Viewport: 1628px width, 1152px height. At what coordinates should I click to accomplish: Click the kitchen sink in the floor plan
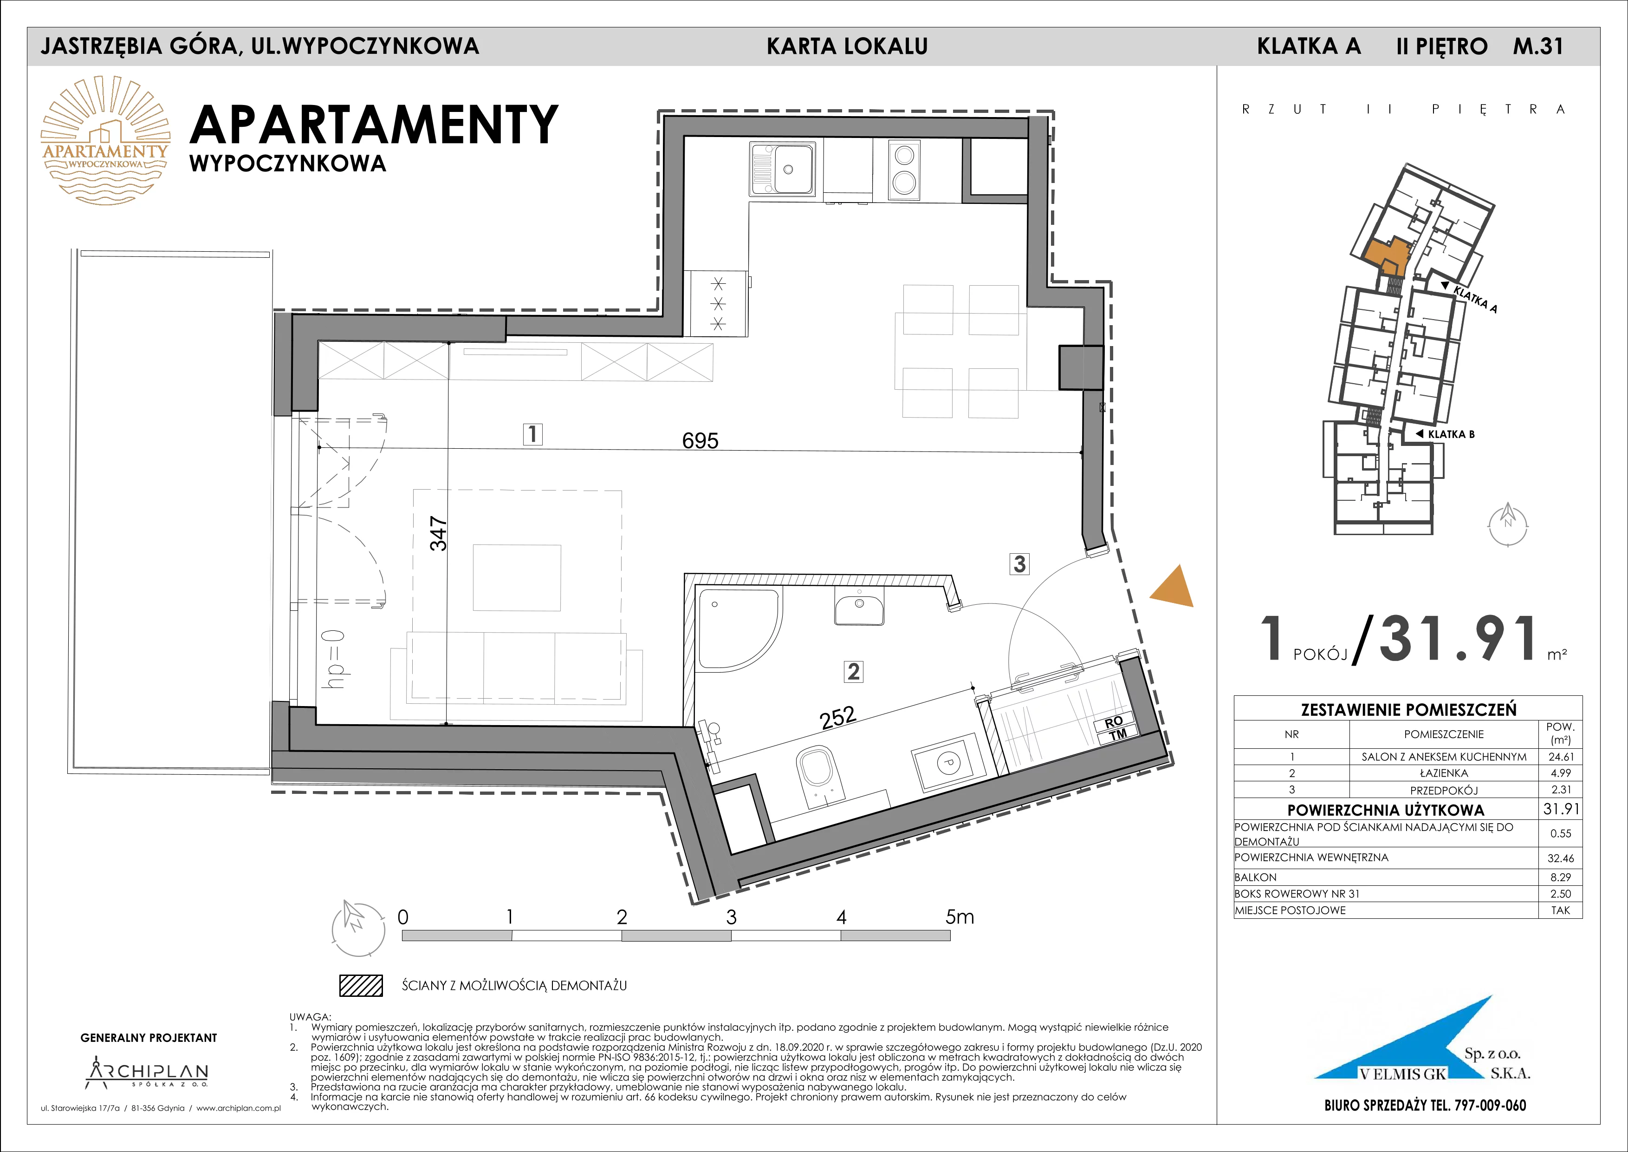782,169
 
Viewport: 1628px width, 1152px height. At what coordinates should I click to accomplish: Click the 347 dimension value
439,533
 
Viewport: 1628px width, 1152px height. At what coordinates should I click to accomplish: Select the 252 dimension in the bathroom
838,718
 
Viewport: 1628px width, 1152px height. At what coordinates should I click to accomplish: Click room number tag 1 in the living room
532,433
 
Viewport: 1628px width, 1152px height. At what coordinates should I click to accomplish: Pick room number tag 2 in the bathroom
853,671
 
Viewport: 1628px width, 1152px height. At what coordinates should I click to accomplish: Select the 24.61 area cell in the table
1561,757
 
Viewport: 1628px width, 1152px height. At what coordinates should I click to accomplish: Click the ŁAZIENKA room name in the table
1444,773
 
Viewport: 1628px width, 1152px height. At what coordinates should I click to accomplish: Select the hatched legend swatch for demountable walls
361,985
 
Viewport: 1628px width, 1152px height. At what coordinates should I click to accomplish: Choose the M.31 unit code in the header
1538,46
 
